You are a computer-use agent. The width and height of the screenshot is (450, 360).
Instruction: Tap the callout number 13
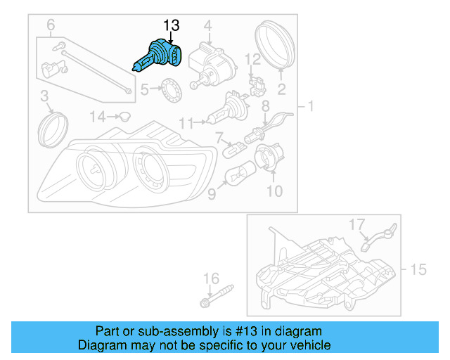[x=171, y=26]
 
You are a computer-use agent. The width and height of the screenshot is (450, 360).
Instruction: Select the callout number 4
[x=208, y=27]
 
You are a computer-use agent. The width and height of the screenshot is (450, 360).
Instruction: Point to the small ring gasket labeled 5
[x=169, y=89]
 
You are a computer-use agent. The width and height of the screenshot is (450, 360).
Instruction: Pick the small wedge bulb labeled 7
[x=233, y=149]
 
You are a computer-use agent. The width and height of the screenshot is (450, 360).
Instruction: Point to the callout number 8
[x=266, y=106]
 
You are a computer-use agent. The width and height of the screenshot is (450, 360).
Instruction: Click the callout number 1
[x=310, y=106]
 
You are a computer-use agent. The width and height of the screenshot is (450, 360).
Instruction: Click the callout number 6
[x=51, y=27]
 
